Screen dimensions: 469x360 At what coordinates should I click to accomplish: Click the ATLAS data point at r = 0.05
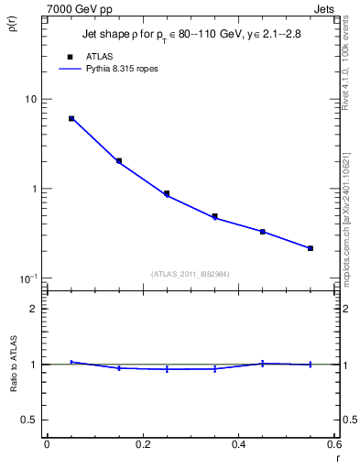71,119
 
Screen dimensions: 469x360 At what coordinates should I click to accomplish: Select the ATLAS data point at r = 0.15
119,161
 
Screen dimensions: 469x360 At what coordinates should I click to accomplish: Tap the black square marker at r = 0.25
167,194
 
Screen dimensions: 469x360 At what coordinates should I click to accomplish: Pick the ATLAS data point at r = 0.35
214,217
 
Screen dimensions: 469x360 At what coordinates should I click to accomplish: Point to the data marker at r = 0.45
263,232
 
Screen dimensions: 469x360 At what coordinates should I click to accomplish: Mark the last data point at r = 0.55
311,248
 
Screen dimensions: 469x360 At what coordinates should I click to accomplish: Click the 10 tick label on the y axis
31,100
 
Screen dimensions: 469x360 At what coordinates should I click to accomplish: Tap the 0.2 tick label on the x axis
143,444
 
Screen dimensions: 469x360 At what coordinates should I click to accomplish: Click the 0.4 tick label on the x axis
238,444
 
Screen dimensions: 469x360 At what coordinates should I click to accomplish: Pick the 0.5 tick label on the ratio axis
30,420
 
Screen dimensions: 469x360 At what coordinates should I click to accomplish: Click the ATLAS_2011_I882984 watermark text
191,274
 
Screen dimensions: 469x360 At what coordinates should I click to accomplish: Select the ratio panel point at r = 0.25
167,369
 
